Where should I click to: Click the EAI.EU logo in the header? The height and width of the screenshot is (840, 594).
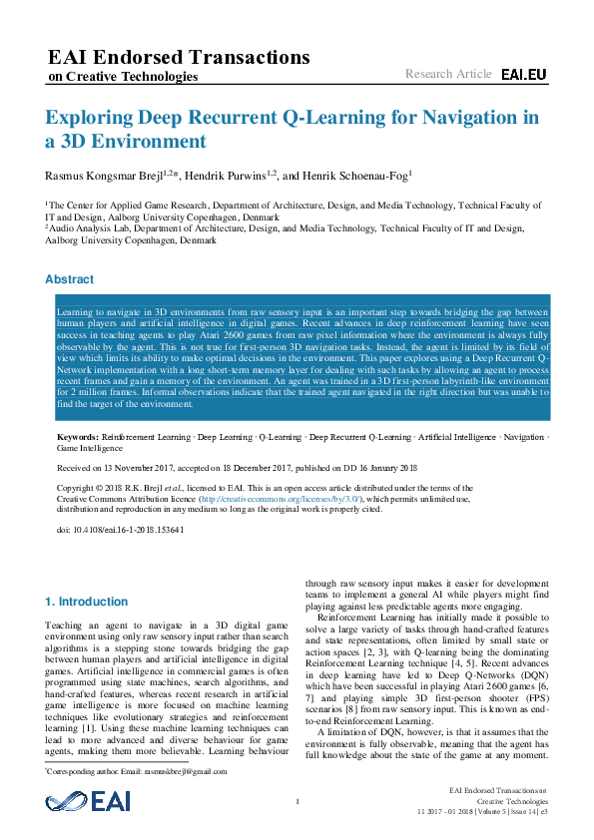[524, 74]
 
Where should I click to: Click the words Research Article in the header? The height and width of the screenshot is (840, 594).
[448, 74]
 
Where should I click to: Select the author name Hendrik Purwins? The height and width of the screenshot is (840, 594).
[232, 176]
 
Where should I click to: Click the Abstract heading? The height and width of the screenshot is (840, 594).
[70, 280]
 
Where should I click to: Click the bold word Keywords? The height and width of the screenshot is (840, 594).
[76, 438]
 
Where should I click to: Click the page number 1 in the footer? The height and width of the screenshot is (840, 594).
[297, 801]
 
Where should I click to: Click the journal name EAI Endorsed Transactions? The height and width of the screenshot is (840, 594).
[179, 57]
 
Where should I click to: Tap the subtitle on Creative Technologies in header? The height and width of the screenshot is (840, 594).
[123, 77]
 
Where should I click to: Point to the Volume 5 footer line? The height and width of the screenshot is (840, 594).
[482, 815]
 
